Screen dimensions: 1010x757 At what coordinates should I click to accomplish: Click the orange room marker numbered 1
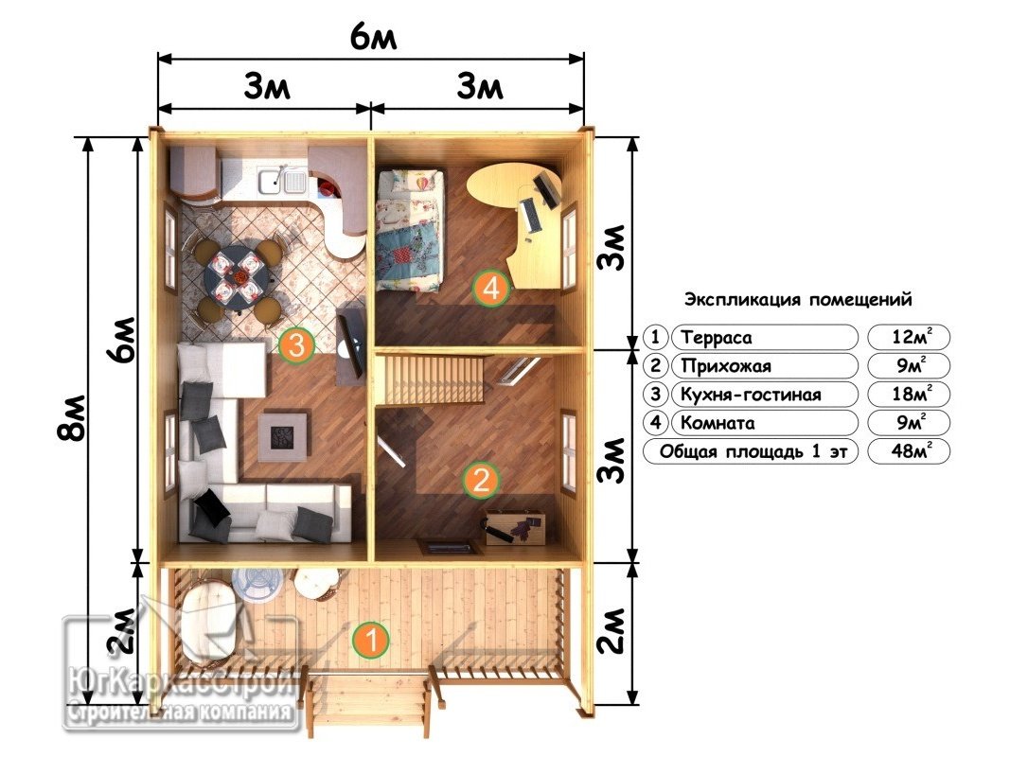(x=370, y=640)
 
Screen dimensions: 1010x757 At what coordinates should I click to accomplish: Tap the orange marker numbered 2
(x=481, y=480)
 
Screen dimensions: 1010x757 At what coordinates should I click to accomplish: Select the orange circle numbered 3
(x=296, y=345)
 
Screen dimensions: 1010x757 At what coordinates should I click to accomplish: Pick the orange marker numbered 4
(x=491, y=288)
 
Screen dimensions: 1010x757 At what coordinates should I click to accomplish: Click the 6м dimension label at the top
(x=373, y=38)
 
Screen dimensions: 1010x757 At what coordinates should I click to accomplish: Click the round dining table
(x=237, y=275)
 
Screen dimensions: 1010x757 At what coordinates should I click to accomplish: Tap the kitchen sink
(x=283, y=180)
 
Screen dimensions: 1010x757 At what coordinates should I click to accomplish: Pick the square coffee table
(x=282, y=437)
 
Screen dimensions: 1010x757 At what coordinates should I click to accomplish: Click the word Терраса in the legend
(x=716, y=337)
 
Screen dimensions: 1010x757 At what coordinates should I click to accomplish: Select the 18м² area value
(x=912, y=394)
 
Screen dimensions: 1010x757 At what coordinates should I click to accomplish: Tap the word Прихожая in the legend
(x=726, y=366)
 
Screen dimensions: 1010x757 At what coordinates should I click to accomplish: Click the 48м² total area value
(x=911, y=450)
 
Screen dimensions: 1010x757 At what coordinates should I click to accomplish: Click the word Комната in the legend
(x=718, y=423)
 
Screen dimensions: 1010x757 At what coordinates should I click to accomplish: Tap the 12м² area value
(x=912, y=337)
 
